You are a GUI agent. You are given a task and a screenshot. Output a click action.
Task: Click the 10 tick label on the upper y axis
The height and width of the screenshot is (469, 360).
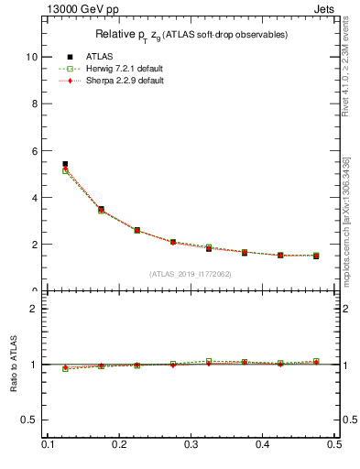click(x=33, y=57)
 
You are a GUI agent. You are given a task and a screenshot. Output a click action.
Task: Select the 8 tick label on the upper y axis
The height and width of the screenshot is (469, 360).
click(x=36, y=104)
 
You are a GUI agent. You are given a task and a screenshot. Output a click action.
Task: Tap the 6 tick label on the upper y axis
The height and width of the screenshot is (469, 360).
click(x=36, y=150)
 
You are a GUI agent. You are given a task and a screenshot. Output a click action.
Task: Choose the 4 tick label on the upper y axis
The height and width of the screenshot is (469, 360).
click(x=36, y=198)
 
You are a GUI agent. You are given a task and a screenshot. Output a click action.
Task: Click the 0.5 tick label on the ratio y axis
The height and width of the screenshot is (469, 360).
click(x=30, y=420)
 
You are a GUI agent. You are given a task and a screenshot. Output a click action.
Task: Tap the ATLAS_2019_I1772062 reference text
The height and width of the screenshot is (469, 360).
click(x=191, y=274)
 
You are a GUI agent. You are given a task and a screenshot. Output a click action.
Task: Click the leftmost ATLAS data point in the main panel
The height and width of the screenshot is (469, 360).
click(x=65, y=164)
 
